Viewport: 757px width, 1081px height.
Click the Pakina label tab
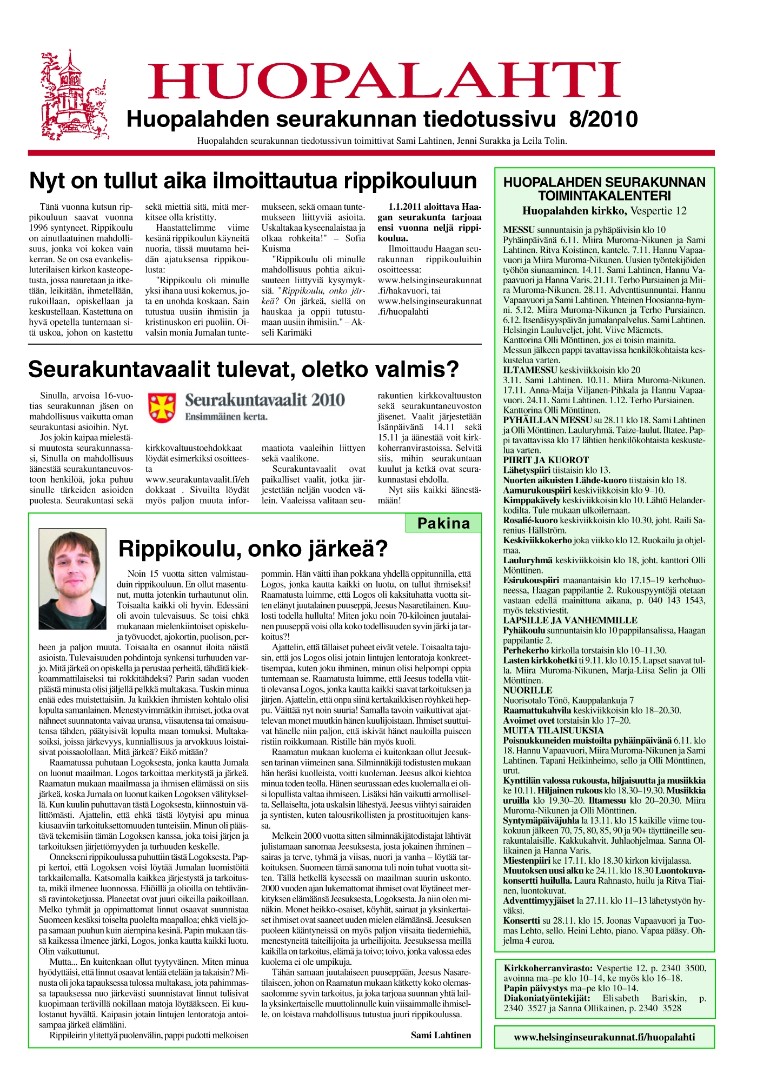pyautogui.click(x=443, y=523)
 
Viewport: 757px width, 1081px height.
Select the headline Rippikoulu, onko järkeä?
pyautogui.click(x=253, y=549)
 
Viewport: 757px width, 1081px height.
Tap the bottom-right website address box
pyautogui.click(x=604, y=1037)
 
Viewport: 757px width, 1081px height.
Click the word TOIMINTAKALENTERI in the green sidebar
pyautogui.click(x=604, y=196)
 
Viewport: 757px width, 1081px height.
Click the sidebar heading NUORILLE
pyautogui.click(x=527, y=690)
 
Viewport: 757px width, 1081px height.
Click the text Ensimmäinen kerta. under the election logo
pyautogui.click(x=226, y=417)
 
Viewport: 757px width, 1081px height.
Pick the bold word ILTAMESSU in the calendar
pyautogui.click(x=530, y=370)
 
